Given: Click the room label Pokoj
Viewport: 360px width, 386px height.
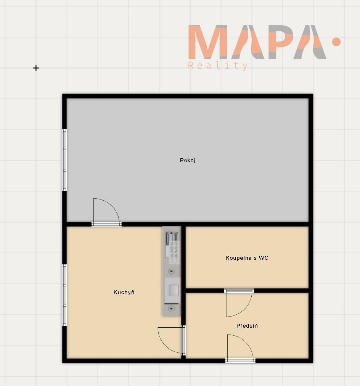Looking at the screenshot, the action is (188, 161).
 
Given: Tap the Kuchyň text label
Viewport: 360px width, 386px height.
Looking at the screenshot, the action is (124, 292).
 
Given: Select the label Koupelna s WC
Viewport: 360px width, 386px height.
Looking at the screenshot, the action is (247, 258).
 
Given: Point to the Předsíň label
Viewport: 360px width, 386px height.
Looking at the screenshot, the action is (247, 326).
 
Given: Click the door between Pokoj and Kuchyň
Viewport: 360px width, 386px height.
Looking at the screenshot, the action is (106, 212).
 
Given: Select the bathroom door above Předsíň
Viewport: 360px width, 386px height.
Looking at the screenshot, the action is (239, 303).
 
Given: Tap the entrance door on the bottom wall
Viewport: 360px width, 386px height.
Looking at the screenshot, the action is (240, 348).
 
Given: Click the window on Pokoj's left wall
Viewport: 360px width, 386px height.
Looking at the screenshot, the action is (64, 160).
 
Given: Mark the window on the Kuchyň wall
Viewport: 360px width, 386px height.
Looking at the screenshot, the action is (64, 295).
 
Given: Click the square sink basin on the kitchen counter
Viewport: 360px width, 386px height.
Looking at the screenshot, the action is (173, 290).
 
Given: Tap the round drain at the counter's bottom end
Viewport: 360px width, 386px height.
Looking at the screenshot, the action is (172, 308).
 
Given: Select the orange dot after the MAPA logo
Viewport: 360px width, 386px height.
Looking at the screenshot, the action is (336, 42).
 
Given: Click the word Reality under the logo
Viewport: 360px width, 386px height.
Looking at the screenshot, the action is (218, 66).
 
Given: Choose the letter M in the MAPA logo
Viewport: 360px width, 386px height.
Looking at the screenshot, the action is (207, 42).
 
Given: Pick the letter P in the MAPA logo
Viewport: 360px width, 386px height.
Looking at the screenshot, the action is (281, 42).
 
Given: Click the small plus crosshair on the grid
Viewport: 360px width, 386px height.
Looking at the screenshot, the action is (36, 68).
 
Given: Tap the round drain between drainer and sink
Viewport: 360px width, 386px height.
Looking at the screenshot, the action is (172, 271).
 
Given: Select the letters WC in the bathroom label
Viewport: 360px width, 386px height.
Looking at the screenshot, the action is (264, 258).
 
